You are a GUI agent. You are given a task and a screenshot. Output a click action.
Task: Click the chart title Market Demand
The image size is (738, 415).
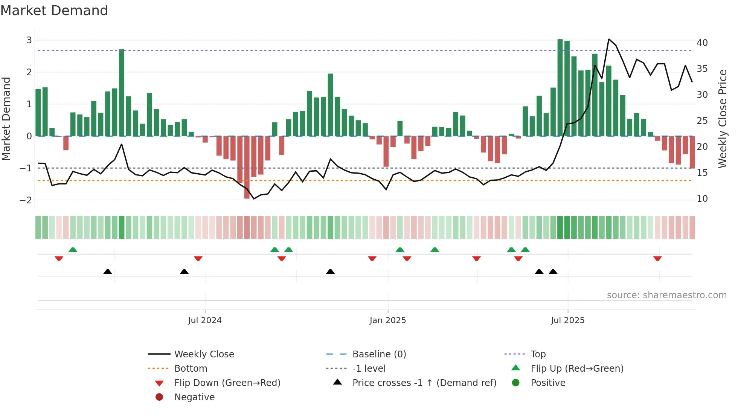pyautogui.click(x=54, y=11)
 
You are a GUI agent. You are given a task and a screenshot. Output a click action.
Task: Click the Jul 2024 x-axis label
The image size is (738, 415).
pyautogui.click(x=205, y=320)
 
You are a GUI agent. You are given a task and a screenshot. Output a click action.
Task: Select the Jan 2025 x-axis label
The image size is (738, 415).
pyautogui.click(x=388, y=320)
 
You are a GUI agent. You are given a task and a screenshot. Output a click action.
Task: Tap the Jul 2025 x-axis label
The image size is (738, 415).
pyautogui.click(x=567, y=320)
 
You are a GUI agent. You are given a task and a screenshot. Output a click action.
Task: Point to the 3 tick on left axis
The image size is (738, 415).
pyautogui.click(x=29, y=40)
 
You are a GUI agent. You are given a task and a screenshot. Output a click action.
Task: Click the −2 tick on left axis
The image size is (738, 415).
pyautogui.click(x=26, y=200)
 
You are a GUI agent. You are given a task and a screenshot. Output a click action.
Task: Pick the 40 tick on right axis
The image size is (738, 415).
pyautogui.click(x=702, y=43)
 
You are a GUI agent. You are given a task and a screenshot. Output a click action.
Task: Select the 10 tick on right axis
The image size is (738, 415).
pyautogui.click(x=702, y=199)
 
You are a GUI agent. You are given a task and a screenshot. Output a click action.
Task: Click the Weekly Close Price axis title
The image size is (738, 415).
pyautogui.click(x=722, y=119)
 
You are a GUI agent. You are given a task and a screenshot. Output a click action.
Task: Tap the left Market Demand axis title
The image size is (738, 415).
pyautogui.click(x=6, y=119)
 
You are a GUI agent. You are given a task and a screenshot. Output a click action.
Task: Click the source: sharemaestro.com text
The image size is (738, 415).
pyautogui.click(x=666, y=295)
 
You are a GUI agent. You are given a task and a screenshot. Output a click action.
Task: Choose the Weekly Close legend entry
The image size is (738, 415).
pyautogui.click(x=204, y=354)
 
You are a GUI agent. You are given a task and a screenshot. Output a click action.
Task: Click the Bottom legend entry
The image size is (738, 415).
pyautogui.click(x=191, y=369)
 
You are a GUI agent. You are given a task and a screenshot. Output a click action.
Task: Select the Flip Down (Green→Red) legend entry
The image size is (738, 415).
pyautogui.click(x=227, y=383)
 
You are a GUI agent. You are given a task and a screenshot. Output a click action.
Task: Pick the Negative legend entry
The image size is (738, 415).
pyautogui.click(x=194, y=397)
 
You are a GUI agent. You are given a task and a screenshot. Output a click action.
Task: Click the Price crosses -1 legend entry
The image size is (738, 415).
pyautogui.click(x=424, y=383)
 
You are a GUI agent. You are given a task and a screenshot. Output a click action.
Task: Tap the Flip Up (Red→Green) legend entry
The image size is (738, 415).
pyautogui.click(x=577, y=369)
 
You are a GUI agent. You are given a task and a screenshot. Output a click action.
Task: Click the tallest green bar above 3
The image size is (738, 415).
pyautogui.click(x=560, y=87)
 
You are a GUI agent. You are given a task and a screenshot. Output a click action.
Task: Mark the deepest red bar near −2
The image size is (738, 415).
pyautogui.click(x=247, y=168)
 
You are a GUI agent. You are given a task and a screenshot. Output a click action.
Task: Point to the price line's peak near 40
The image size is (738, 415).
pyautogui.click(x=609, y=39)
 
